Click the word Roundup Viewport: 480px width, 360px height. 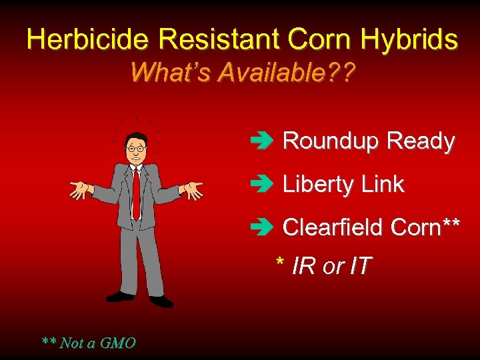(x=331, y=142)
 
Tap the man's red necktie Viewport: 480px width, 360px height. (x=136, y=193)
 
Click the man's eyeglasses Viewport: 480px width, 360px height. (x=137, y=148)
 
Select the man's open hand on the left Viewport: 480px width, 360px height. (x=79, y=191)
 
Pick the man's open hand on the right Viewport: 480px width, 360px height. (x=193, y=191)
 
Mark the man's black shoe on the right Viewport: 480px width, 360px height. (x=161, y=301)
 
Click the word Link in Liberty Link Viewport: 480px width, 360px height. (x=383, y=185)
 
